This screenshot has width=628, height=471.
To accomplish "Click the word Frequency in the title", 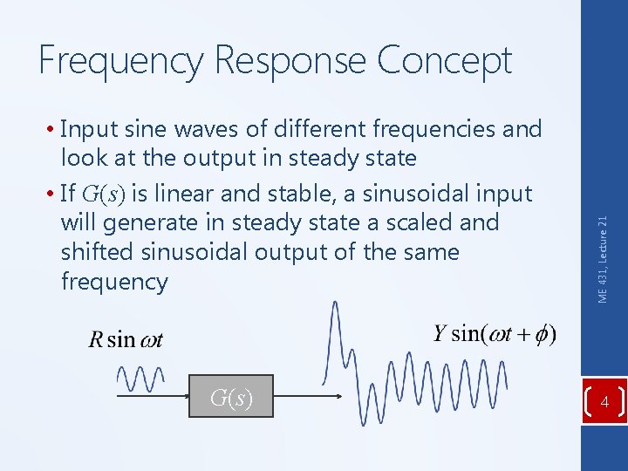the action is [121, 61].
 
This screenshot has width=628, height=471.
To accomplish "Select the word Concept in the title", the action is [444, 61].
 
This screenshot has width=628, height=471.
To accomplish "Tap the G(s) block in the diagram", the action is [231, 399].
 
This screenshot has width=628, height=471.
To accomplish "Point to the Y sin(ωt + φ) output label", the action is [495, 334].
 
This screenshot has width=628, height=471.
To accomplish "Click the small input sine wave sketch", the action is [140, 379].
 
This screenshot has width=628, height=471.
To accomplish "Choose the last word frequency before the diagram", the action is [113, 283].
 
